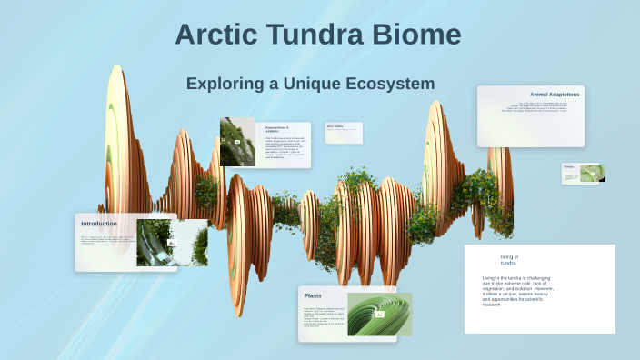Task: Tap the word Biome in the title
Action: [417, 35]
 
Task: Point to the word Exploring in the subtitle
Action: [225, 84]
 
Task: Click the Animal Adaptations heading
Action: [555, 95]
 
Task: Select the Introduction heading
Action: [99, 224]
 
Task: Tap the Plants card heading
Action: [313, 296]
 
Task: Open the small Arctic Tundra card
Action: [344, 132]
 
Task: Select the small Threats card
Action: [582, 173]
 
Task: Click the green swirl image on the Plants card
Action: [379, 314]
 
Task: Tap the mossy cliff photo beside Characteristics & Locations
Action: [237, 142]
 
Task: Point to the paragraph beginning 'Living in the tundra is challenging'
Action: [517, 291]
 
